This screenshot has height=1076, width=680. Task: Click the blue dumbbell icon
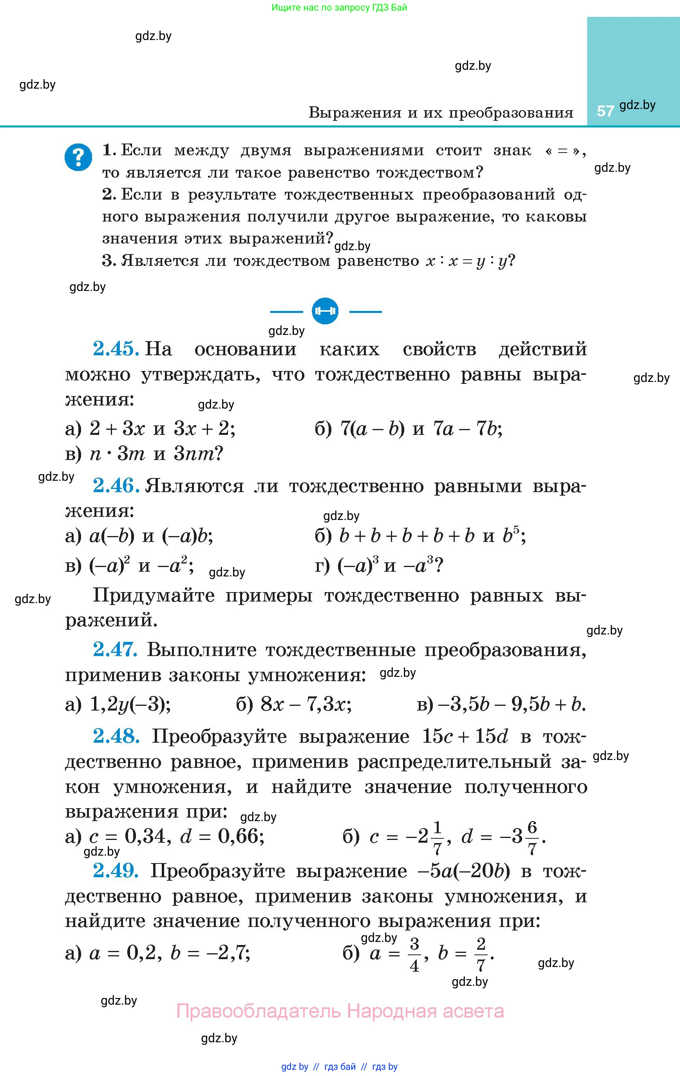pos(325,311)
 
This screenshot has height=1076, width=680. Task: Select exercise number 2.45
pos(116,349)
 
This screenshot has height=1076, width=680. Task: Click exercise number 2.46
pos(116,485)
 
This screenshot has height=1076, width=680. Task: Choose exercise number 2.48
pos(116,736)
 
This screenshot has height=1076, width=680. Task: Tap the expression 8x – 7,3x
pos(306,705)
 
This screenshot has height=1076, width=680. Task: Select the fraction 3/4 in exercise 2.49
pos(414,956)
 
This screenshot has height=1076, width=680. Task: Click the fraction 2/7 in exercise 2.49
pos(480,956)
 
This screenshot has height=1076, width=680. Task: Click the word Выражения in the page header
pos(355,113)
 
